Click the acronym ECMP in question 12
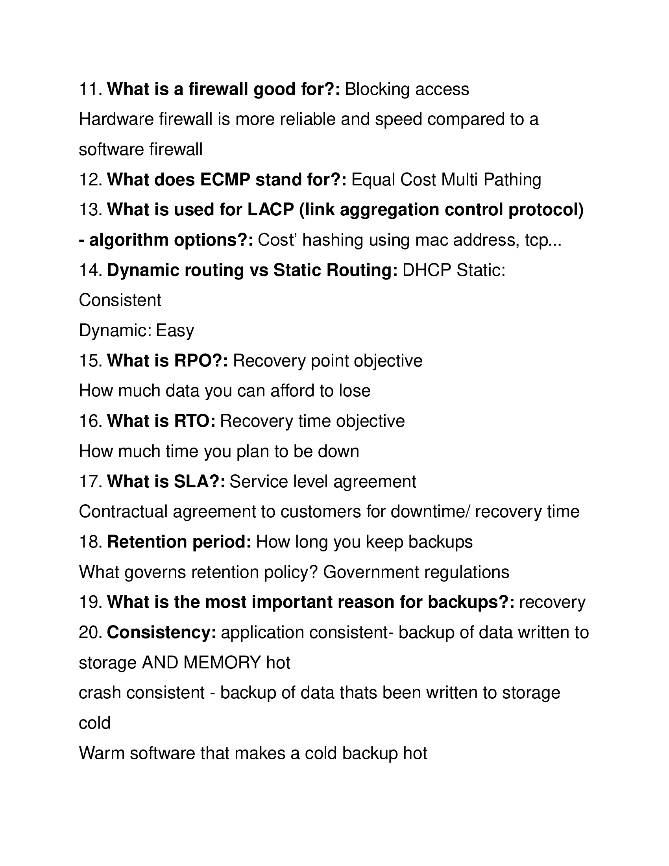click(225, 179)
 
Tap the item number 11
click(91, 89)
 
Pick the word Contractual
click(123, 511)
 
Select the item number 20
click(91, 633)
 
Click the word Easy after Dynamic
click(174, 331)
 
